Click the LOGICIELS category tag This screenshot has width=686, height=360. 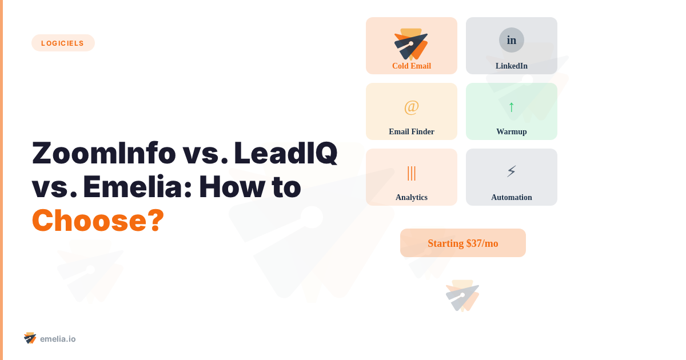click(63, 43)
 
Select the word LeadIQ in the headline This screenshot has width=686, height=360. click(285, 153)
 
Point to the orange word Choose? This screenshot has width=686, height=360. click(98, 220)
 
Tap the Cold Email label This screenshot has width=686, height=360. click(412, 66)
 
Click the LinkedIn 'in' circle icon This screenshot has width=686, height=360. click(512, 40)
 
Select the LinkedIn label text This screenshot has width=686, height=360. click(512, 66)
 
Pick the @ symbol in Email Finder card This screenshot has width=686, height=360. click(412, 107)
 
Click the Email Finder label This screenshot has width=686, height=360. click(412, 132)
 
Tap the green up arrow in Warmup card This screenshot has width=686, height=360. click(512, 107)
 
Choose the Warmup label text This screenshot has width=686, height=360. click(512, 132)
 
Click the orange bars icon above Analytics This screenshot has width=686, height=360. click(412, 173)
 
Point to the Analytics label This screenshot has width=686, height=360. click(412, 198)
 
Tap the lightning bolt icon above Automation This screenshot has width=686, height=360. click(512, 171)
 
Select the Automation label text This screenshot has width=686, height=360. click(512, 198)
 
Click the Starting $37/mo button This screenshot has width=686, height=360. click(463, 243)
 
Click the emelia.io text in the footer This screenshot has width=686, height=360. click(58, 339)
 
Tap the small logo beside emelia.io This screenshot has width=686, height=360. click(30, 338)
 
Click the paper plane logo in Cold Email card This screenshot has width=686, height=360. click(411, 44)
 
